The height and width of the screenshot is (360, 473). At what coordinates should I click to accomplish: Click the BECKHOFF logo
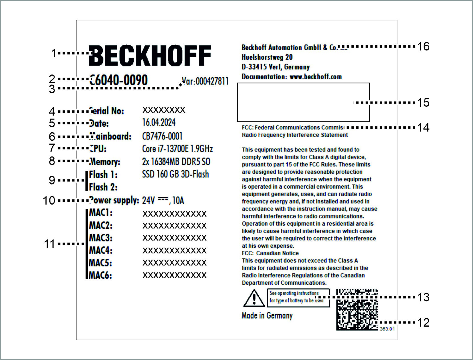click(x=150, y=56)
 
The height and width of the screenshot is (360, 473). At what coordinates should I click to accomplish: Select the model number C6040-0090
click(x=119, y=80)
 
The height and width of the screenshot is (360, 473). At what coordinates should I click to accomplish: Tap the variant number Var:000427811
click(x=205, y=81)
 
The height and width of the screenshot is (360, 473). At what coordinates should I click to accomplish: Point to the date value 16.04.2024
click(x=159, y=123)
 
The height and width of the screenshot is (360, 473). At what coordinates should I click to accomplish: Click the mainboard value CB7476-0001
click(x=162, y=136)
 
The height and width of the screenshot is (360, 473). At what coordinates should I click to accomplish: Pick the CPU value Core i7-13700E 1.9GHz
click(x=177, y=149)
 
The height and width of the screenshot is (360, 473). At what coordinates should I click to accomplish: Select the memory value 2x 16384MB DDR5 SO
click(x=176, y=162)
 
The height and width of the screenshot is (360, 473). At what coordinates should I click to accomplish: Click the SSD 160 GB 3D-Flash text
click(x=175, y=174)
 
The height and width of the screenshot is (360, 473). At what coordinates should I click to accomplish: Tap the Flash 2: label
click(x=103, y=187)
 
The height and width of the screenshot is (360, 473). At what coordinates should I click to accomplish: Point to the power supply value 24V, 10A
click(x=163, y=201)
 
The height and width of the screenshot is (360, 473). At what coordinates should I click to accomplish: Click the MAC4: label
click(x=100, y=250)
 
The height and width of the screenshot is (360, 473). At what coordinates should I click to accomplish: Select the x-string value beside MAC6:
click(x=174, y=275)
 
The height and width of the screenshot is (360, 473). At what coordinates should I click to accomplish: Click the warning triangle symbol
click(x=254, y=298)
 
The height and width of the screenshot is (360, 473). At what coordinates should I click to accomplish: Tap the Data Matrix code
click(x=357, y=310)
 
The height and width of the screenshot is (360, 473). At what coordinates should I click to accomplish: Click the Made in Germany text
click(x=267, y=315)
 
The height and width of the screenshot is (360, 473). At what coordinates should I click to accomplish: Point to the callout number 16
click(x=423, y=46)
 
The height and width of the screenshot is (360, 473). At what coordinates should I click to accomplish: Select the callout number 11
click(x=49, y=244)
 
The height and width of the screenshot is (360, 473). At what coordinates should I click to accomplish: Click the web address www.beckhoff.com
click(x=315, y=77)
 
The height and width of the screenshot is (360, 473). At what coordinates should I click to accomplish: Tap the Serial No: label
click(x=106, y=111)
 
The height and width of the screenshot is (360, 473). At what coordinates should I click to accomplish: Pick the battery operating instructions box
click(x=298, y=298)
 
